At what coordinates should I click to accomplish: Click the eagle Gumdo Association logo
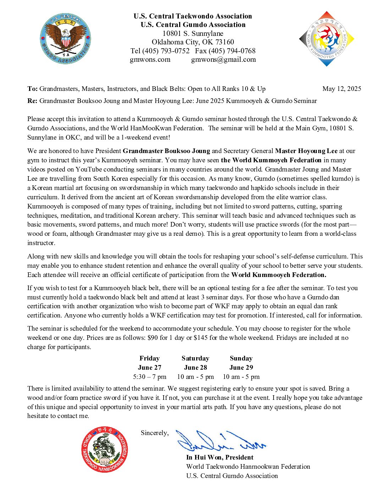[65, 39]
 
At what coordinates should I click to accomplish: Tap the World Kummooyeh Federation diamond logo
[326, 39]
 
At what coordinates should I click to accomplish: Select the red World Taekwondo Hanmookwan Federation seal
[104, 450]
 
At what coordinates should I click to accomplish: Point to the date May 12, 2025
[342, 89]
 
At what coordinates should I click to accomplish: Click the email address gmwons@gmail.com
[224, 60]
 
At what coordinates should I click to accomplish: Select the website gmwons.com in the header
[150, 60]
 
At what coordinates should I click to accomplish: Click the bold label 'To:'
[32, 89]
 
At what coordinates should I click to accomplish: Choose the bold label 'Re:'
[32, 101]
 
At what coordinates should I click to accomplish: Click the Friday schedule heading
[149, 358]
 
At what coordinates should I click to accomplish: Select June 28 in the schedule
[195, 368]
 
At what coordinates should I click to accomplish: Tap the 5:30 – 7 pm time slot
[149, 377]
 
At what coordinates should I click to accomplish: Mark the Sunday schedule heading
[241, 358]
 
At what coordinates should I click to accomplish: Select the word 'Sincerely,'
[155, 433]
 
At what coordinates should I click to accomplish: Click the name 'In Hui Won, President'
[220, 457]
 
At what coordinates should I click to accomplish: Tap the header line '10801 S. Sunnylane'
[193, 33]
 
